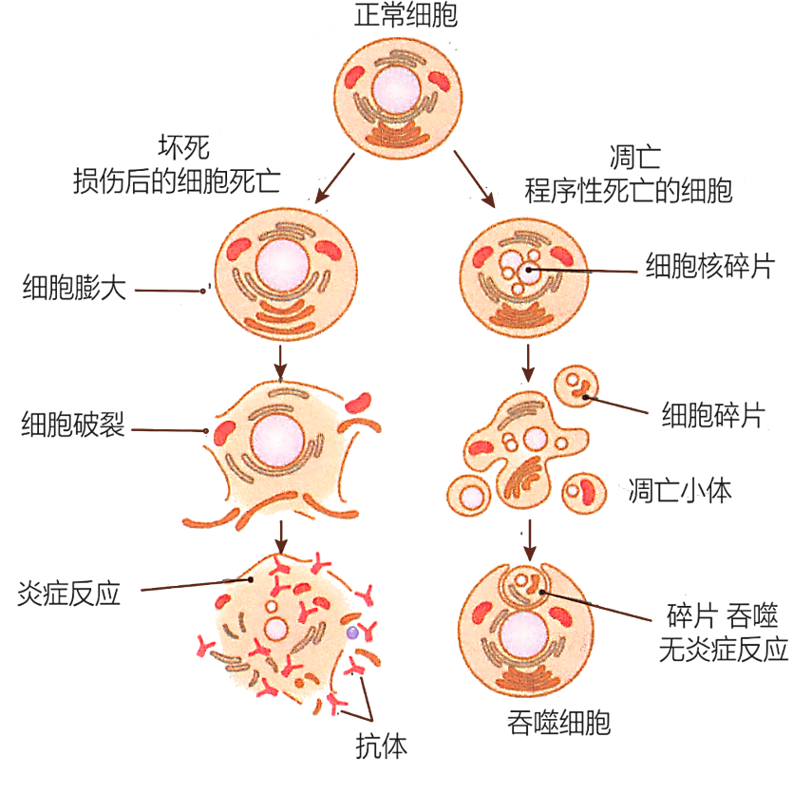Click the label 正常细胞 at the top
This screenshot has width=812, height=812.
(406, 16)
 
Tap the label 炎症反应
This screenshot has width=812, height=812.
(68, 594)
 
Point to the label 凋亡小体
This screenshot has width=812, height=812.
(680, 490)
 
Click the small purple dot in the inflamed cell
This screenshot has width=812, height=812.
(352, 632)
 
